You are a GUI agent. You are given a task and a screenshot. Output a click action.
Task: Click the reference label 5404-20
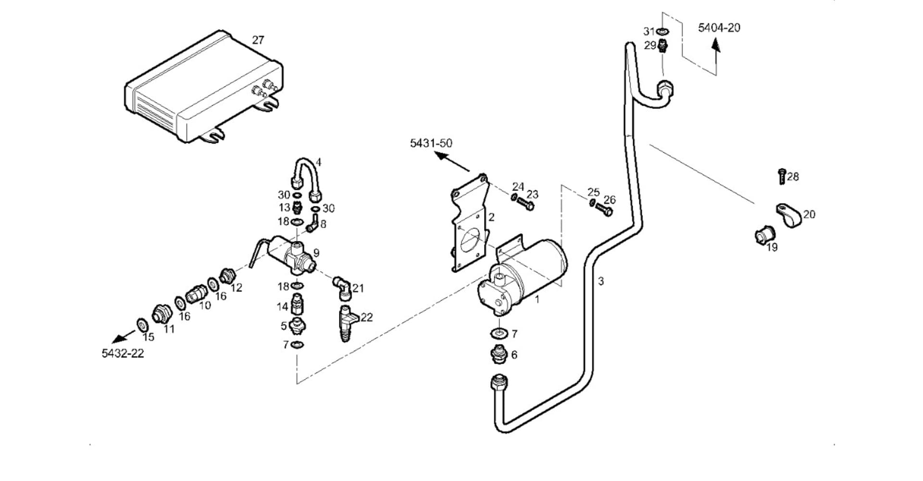click(719, 28)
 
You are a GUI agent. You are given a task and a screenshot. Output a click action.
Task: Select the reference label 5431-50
click(431, 143)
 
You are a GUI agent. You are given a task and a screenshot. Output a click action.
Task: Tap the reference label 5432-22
click(123, 354)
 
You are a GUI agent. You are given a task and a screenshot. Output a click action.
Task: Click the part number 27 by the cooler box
click(258, 40)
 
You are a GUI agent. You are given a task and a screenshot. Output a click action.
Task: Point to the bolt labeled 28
click(782, 177)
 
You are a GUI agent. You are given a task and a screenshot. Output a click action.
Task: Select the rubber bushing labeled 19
click(764, 236)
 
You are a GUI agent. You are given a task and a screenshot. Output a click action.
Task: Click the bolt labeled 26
click(604, 209)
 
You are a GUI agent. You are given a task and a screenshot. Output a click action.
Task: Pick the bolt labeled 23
click(526, 204)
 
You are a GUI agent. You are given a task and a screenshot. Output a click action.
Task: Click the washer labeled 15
click(142, 325)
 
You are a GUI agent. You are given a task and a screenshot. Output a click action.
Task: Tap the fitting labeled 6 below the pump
click(498, 355)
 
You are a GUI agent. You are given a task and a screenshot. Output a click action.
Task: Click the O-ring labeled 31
click(663, 32)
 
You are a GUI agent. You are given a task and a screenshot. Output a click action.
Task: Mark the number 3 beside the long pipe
click(601, 281)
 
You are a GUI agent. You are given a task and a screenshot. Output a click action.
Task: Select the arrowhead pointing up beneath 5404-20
click(716, 45)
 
